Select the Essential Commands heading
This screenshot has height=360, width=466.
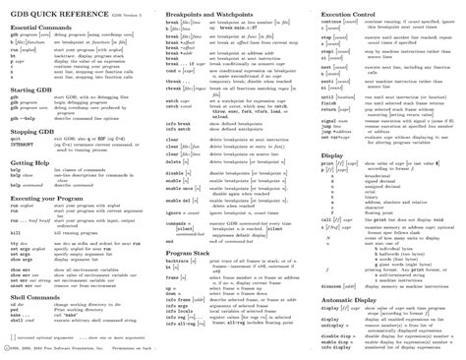[42, 31]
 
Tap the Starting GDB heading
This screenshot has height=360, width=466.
[32, 88]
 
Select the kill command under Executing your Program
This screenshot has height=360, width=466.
[16, 233]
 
